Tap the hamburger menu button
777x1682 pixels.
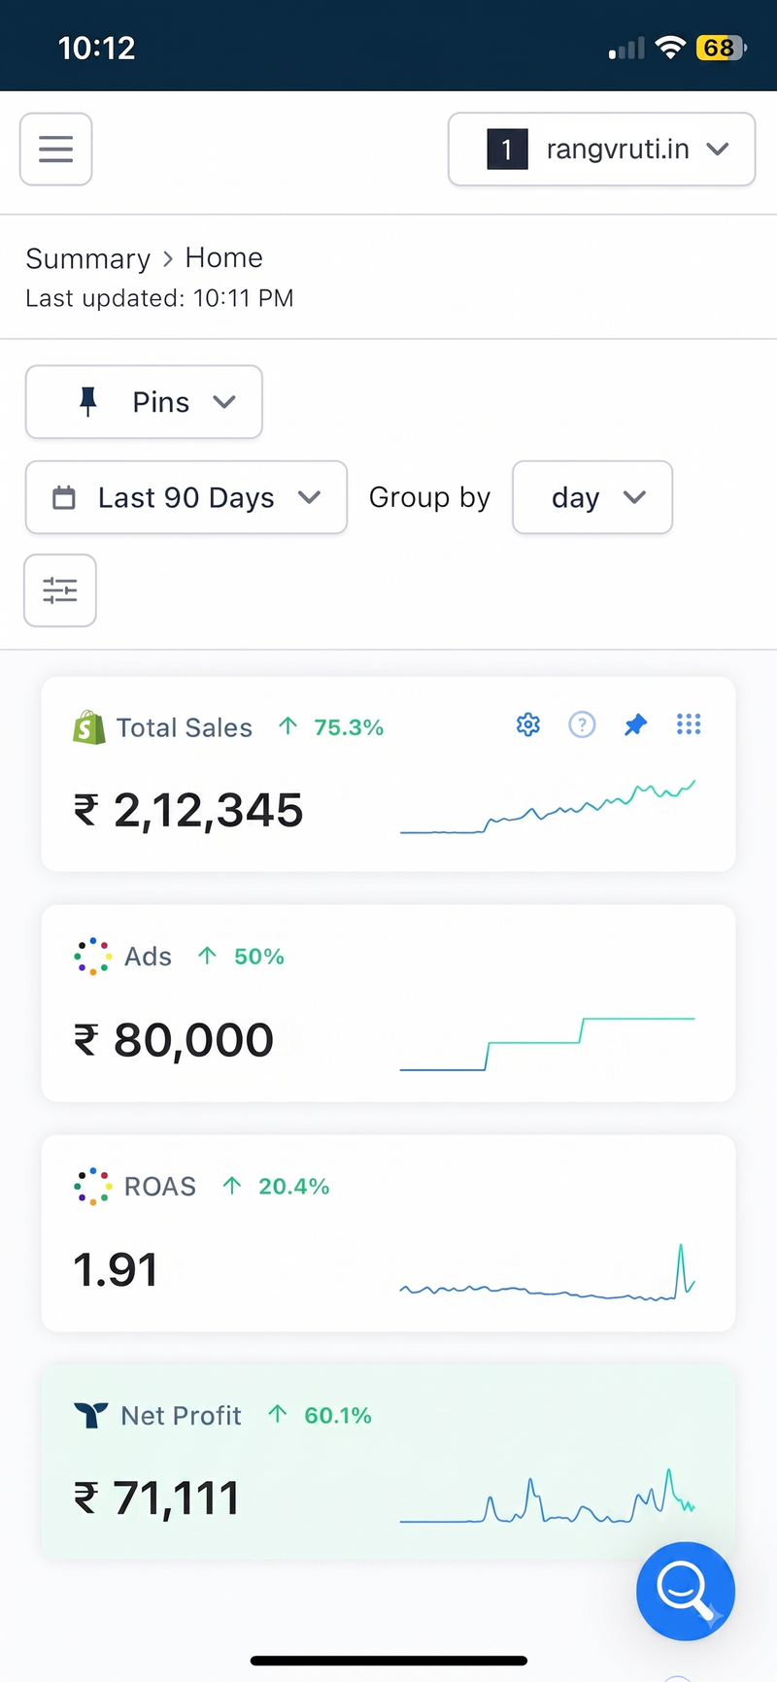(56, 149)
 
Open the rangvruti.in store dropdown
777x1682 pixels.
(601, 149)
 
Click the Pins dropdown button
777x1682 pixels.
(144, 402)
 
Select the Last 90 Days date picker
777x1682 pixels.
(186, 497)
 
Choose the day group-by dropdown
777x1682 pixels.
(592, 497)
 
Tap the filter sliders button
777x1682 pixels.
(60, 590)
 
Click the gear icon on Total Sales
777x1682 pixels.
(528, 724)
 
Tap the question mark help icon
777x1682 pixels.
(582, 724)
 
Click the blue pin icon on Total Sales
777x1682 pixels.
(635, 724)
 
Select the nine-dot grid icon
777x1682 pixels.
(689, 723)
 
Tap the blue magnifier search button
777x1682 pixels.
(686, 1591)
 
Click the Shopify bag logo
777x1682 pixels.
(89, 727)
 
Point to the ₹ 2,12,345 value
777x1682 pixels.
(189, 810)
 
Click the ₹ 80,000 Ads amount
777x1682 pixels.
(174, 1040)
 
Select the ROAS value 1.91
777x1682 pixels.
(116, 1269)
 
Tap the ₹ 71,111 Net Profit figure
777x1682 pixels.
(157, 1498)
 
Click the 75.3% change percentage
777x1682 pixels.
(349, 727)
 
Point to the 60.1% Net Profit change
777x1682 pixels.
(338, 1416)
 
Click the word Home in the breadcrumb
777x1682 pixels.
(224, 257)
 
